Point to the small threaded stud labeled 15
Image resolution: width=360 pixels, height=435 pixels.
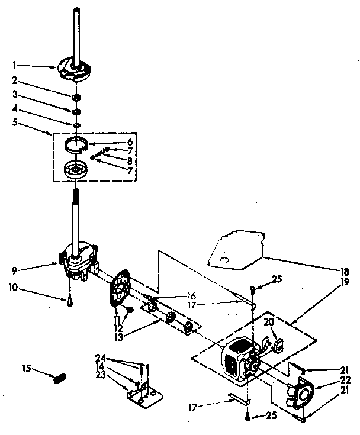coord(59,378)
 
